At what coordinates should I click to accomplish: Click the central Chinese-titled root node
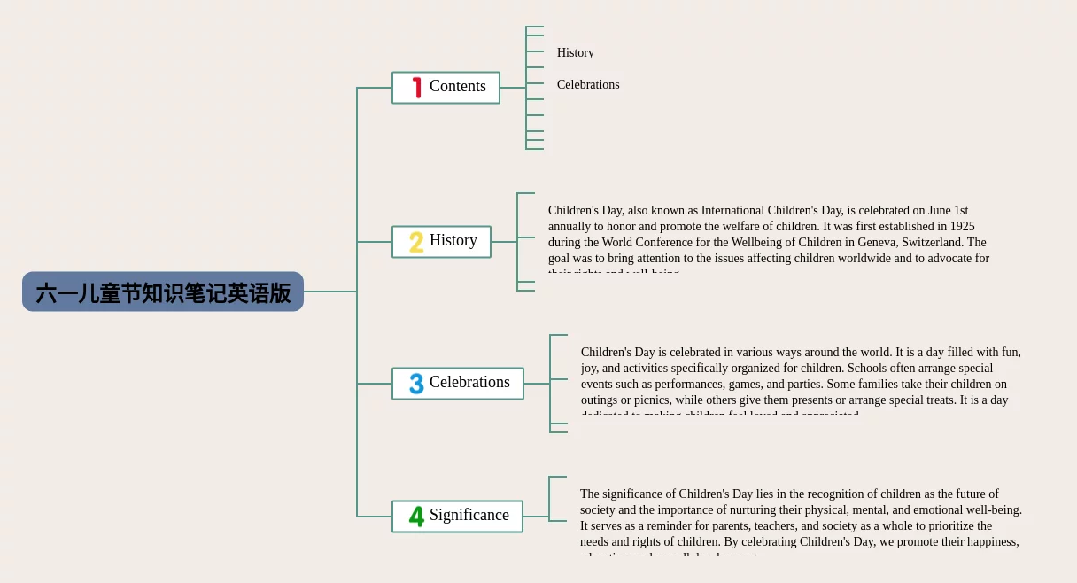(x=163, y=292)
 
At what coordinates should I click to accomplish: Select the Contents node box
(x=446, y=87)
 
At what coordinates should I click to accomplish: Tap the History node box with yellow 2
(x=441, y=241)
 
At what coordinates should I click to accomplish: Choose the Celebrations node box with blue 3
(x=458, y=383)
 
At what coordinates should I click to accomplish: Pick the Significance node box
(x=457, y=516)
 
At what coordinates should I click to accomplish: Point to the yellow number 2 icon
(x=416, y=242)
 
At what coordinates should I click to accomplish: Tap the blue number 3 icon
(x=416, y=384)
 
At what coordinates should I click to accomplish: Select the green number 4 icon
(x=416, y=516)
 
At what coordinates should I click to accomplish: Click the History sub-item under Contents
(x=576, y=52)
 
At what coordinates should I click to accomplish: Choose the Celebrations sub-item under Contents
(x=588, y=84)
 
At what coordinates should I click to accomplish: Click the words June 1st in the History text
(x=948, y=210)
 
